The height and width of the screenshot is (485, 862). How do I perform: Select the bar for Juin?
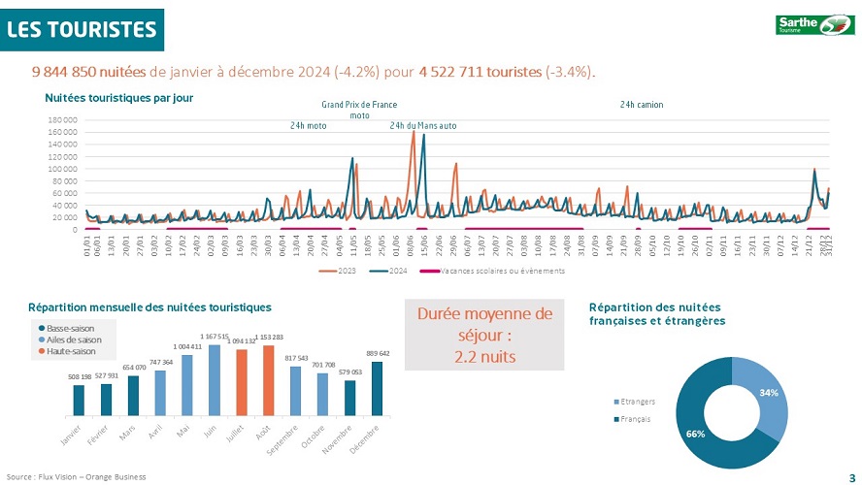215,380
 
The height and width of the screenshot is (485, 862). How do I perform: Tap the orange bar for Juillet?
242,382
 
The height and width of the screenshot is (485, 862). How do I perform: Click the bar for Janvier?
79,400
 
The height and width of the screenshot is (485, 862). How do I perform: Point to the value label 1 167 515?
215,338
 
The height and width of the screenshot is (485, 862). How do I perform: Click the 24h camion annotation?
642,105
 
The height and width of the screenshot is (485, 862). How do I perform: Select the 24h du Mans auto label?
422,126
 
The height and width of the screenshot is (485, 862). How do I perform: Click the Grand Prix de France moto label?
359,110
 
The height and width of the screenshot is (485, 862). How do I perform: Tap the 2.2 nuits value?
484,356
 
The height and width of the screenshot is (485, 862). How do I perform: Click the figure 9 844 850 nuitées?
88,72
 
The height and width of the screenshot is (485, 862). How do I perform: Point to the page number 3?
851,476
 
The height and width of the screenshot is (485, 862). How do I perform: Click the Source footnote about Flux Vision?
76,476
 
